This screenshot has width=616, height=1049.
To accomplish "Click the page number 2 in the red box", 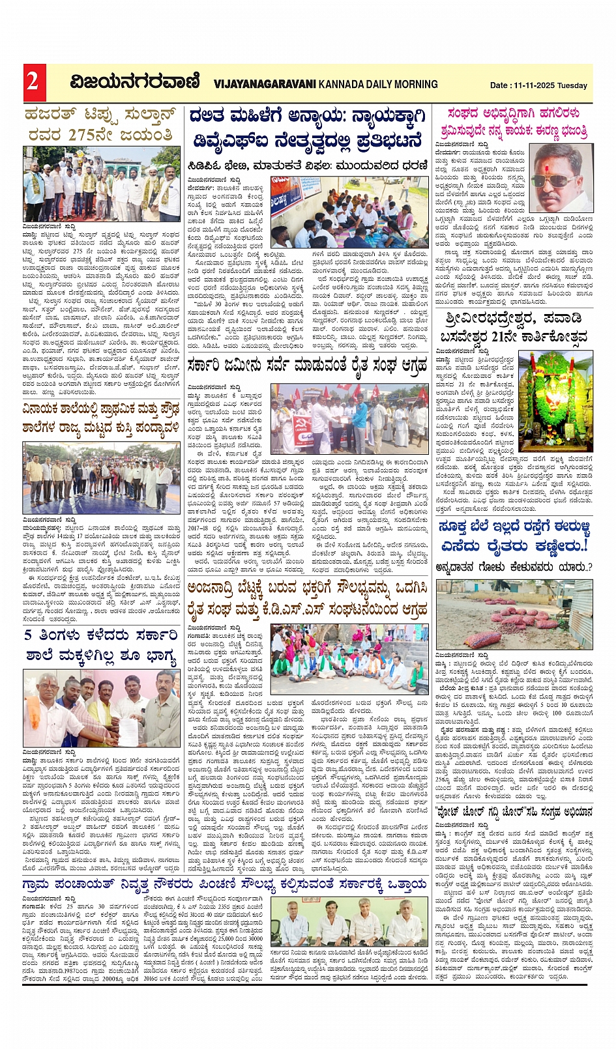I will (33, 82).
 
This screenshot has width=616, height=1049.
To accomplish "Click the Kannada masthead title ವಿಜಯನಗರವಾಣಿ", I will (135, 83).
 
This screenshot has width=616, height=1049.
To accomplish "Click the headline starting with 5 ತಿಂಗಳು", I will (102, 646).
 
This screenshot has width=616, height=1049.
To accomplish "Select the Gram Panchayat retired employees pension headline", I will (225, 884).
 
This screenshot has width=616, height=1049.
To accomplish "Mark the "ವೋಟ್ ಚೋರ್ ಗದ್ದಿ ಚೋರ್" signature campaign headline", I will (514, 811).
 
